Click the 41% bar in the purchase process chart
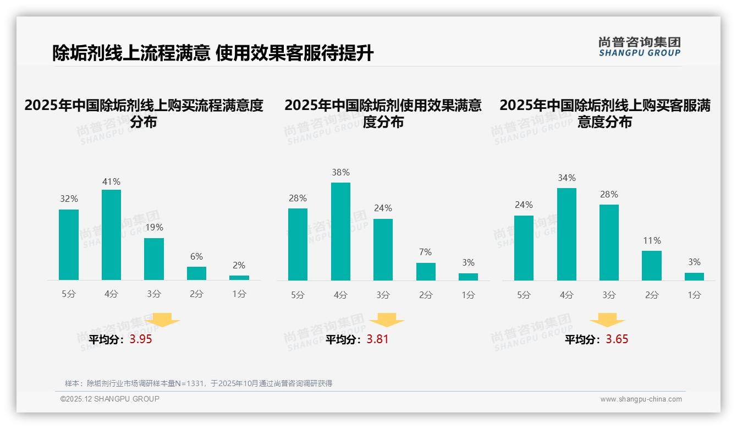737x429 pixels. tap(111, 235)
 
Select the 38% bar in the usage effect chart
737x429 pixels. tap(340, 232)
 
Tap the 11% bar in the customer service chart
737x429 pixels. tap(652, 266)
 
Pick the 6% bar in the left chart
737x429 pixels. tap(196, 273)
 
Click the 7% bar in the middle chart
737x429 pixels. tap(426, 272)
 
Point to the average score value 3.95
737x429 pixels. tap(141, 339)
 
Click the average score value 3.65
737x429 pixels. tap(617, 339)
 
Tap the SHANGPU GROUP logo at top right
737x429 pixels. tap(639, 47)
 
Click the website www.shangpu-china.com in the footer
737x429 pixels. tap(641, 399)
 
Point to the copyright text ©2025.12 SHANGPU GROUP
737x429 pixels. tap(110, 399)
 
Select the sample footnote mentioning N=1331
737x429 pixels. tap(199, 383)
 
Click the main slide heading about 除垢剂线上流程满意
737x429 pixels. tap(213, 53)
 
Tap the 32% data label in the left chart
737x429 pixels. tap(69, 199)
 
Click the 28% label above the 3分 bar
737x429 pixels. tap(609, 194)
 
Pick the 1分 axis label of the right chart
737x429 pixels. tap(694, 295)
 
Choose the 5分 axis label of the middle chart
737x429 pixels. tap(298, 295)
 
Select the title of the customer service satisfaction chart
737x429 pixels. tap(604, 113)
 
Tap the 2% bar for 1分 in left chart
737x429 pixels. tap(239, 278)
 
